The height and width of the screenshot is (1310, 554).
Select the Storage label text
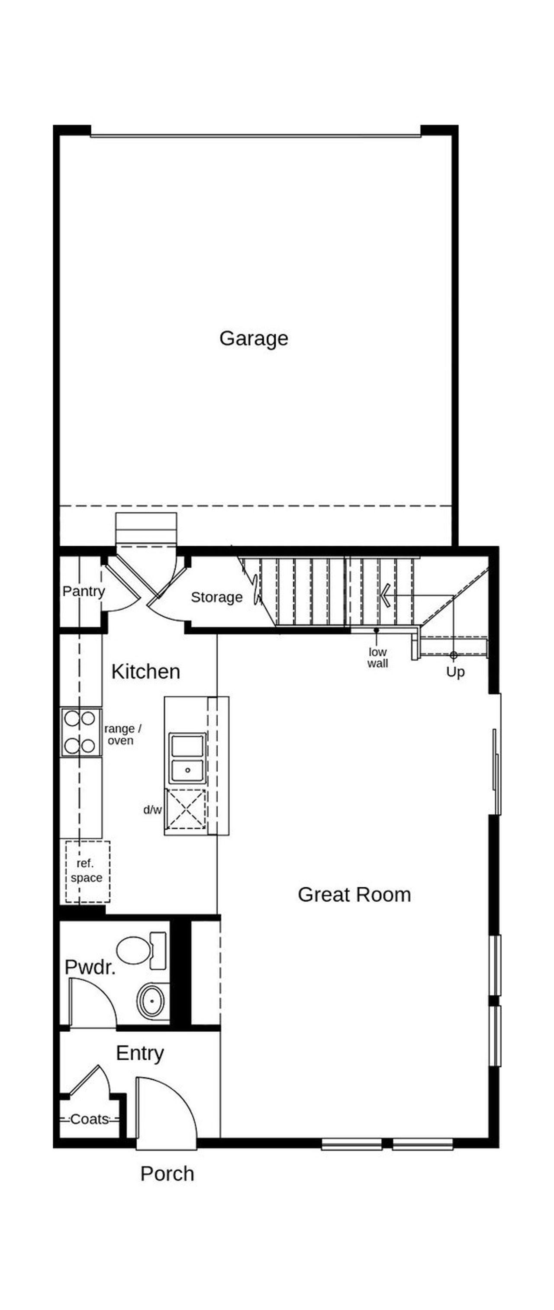tap(216, 597)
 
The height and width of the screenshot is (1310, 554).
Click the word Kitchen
tap(145, 672)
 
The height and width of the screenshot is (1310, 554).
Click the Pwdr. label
tap(90, 967)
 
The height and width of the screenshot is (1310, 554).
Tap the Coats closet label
tap(90, 1119)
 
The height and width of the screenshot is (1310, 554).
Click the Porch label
tap(167, 1174)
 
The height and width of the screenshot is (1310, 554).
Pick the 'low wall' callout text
tap(377, 657)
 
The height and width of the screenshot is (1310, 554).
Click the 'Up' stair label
tap(455, 672)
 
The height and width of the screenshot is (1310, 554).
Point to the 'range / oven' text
tap(122, 734)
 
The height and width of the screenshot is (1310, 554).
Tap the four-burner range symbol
tap(81, 732)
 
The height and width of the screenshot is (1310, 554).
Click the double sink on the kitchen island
tap(187, 758)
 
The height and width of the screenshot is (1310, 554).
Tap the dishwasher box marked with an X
tap(186, 808)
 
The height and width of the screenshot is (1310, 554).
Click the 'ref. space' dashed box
tap(87, 871)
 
